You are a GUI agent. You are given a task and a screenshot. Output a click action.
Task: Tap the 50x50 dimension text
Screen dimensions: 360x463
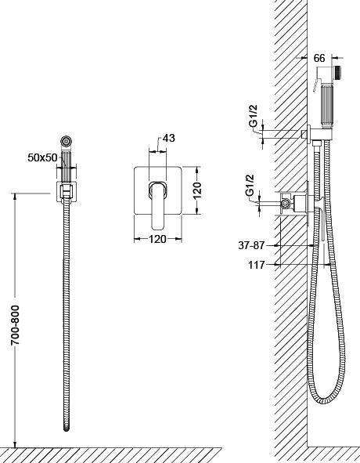tap(42, 157)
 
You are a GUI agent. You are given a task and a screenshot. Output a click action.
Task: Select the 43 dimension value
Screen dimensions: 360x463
tap(169, 138)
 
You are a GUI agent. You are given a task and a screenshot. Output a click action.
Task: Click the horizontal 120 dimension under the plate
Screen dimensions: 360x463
tap(157, 239)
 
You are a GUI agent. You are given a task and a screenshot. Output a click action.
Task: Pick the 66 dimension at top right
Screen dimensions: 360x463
tap(319, 58)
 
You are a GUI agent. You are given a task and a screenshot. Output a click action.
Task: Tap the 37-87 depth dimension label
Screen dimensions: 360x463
tap(252, 245)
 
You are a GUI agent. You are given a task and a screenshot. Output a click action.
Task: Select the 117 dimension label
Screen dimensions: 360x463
tap(257, 265)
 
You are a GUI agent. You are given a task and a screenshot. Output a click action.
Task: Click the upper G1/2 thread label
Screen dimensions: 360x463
tap(254, 116)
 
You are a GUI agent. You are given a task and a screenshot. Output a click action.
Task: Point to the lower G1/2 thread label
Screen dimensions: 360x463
tap(250, 185)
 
